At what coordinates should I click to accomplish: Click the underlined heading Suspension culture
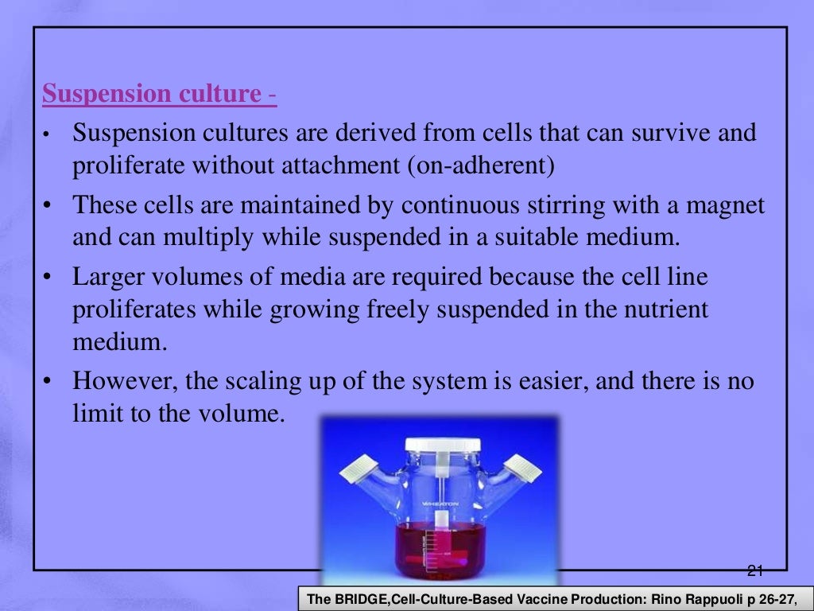point(151,95)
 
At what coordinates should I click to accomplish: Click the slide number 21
point(755,570)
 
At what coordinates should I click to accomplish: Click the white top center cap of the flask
point(438,446)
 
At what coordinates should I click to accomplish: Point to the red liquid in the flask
point(438,549)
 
